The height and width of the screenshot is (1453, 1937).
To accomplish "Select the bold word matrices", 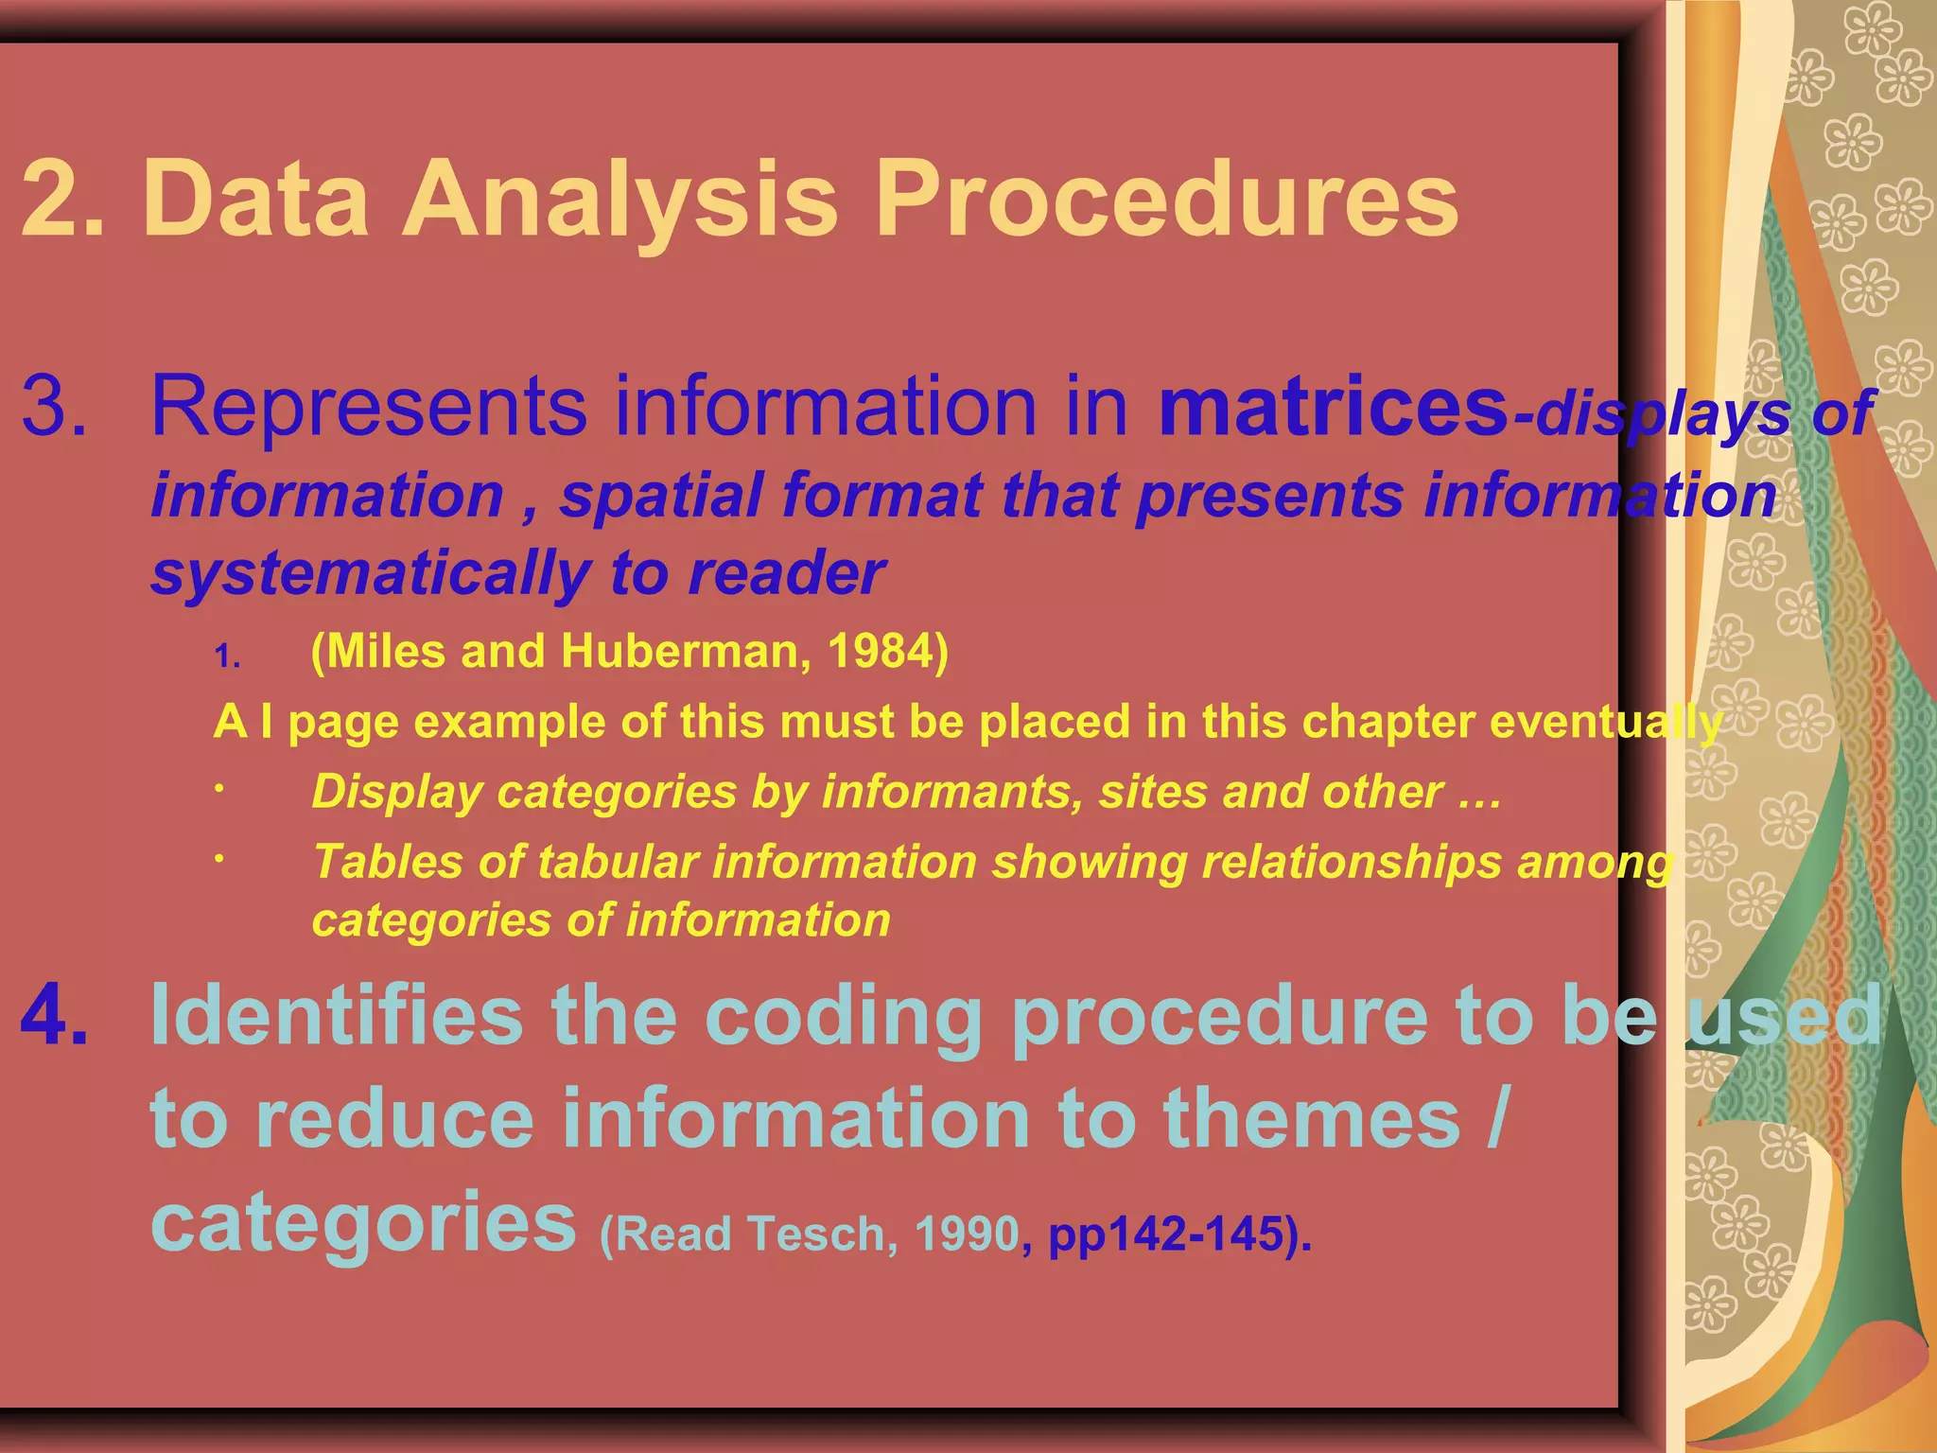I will (1334, 407).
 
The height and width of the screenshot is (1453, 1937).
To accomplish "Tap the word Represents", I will (369, 407).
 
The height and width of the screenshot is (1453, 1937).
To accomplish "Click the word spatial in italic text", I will (661, 496).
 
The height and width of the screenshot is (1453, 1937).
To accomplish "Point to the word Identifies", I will (336, 1015).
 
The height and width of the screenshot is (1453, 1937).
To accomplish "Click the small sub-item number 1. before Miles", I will (227, 656).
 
